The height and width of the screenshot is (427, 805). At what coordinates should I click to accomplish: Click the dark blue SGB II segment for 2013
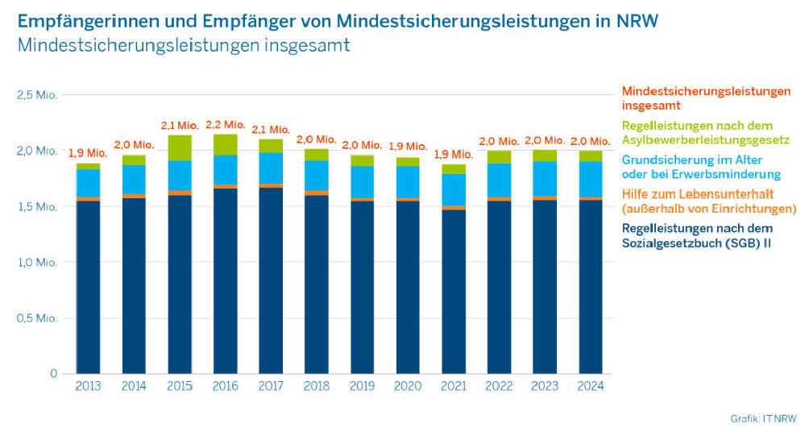pyautogui.click(x=89, y=286)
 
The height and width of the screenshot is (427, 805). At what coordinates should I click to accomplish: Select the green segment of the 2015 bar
pyautogui.click(x=180, y=148)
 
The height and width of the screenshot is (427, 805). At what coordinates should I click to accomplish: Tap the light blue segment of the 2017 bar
pyautogui.click(x=272, y=168)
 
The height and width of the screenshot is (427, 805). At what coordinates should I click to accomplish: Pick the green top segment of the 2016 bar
pyautogui.click(x=226, y=144)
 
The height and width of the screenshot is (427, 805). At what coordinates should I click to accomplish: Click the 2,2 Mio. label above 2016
pyautogui.click(x=226, y=125)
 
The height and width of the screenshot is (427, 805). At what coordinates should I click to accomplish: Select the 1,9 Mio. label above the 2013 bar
pyautogui.click(x=89, y=153)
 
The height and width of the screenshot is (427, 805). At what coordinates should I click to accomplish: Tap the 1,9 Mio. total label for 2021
pyautogui.click(x=454, y=154)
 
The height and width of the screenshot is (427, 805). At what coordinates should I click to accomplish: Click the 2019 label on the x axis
pyautogui.click(x=363, y=387)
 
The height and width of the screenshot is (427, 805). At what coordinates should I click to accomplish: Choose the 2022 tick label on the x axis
pyautogui.click(x=500, y=387)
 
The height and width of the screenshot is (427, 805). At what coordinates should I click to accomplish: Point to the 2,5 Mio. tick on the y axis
pyautogui.click(x=37, y=95)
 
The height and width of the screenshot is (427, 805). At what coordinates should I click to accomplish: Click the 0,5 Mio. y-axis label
pyautogui.click(x=37, y=318)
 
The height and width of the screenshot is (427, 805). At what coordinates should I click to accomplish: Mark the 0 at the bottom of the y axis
pyautogui.click(x=53, y=374)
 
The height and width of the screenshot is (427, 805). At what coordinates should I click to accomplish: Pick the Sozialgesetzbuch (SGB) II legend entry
pyautogui.click(x=697, y=235)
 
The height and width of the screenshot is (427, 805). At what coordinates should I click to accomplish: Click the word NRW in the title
pyautogui.click(x=637, y=20)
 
